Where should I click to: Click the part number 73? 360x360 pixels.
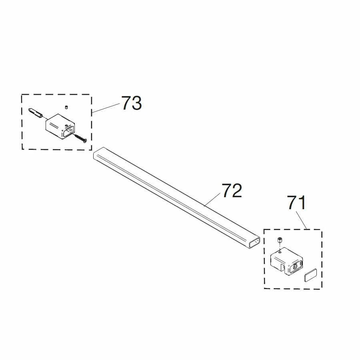(x=131, y=103)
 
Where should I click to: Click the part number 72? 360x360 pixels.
(x=232, y=190)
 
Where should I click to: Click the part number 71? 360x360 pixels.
(x=297, y=202)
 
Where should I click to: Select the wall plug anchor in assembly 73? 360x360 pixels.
(x=35, y=113)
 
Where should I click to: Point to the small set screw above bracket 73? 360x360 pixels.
(x=66, y=107)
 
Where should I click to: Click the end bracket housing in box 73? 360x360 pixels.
(x=60, y=126)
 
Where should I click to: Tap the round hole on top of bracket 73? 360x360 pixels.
(x=66, y=125)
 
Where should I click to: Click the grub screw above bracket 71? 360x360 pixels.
(x=280, y=240)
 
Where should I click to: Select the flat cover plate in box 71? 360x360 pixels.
(x=310, y=275)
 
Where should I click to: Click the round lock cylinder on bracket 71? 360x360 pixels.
(x=295, y=266)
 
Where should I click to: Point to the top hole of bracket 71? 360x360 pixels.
(x=280, y=252)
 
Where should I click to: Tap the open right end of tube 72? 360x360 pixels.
(x=254, y=243)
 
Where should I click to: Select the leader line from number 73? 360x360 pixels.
(x=106, y=108)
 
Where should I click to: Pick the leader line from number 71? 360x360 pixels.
(x=302, y=220)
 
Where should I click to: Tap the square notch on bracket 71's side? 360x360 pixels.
(x=283, y=267)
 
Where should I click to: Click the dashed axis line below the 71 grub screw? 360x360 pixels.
(x=280, y=247)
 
